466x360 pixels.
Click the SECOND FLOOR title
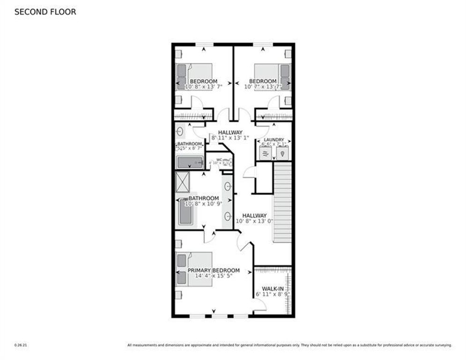point(45,12)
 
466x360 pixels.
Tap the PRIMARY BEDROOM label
point(214,270)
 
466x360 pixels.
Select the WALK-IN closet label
point(272,288)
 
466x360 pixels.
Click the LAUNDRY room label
point(274,140)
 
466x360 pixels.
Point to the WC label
point(219,159)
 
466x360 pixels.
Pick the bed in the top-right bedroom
point(272,77)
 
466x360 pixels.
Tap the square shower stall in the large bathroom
point(182,182)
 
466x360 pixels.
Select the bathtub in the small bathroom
point(190,163)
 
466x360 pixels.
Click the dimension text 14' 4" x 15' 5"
point(214,276)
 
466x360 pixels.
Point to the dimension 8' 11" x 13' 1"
point(230,138)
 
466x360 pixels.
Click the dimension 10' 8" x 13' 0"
point(254,221)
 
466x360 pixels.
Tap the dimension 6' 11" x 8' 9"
point(273,294)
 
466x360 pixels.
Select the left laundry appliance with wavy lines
point(266,153)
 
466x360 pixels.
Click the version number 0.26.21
point(20,345)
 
